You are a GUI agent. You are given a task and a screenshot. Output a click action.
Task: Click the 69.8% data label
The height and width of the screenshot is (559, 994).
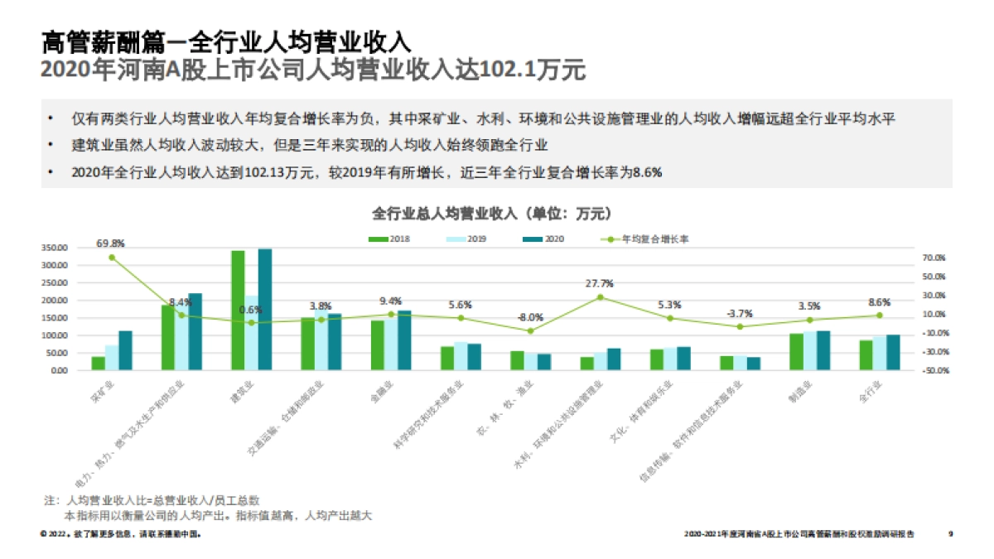click(x=110, y=243)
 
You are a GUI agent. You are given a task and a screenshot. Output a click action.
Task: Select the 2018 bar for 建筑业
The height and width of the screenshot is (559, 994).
click(x=238, y=310)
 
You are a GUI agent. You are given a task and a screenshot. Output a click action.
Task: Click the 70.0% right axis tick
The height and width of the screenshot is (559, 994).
click(x=934, y=258)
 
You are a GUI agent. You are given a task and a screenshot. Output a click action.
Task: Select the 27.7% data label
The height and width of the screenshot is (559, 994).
click(x=600, y=283)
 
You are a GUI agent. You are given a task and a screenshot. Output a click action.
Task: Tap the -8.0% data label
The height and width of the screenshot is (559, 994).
click(x=530, y=317)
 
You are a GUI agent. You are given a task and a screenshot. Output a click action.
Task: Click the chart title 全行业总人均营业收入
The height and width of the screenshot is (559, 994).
click(x=493, y=214)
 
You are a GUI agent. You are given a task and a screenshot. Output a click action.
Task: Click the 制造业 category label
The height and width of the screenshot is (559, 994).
click(x=799, y=386)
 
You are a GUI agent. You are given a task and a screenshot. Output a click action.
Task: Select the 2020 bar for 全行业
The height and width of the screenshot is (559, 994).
click(x=893, y=352)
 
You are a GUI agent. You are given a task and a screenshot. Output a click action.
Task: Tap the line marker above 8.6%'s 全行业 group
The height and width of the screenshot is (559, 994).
click(x=880, y=316)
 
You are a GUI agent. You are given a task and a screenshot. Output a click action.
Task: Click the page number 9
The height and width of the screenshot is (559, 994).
click(x=950, y=534)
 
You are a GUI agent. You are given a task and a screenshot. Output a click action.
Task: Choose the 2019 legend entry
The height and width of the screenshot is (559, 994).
click(x=469, y=239)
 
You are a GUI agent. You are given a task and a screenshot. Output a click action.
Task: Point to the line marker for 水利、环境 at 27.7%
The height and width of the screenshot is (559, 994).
click(x=600, y=296)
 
